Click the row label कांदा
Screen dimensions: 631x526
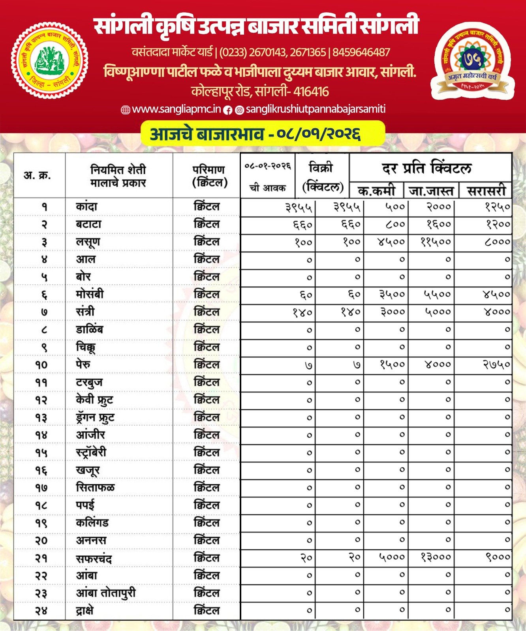coord(86,206)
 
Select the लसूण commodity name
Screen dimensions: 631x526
coord(88,242)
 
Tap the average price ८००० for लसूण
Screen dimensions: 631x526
coord(497,241)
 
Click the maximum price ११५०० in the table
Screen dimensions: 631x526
coord(436,241)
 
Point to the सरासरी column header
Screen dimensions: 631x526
coord(486,191)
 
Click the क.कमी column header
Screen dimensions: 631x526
coord(376,191)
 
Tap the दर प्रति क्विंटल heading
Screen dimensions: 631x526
coord(426,168)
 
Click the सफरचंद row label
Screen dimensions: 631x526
coord(94,558)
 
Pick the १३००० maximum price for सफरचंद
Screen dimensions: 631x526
coord(436,557)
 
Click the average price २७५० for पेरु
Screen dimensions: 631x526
coord(497,364)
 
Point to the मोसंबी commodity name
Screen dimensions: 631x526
coord(90,294)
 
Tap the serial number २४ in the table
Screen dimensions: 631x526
coord(41,611)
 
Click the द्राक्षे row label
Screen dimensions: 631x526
coord(85,611)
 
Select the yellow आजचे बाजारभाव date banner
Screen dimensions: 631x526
coord(263,133)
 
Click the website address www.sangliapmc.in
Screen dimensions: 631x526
coord(176,109)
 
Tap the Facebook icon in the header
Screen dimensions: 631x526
coord(228,110)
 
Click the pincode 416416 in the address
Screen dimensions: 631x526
coord(311,91)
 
